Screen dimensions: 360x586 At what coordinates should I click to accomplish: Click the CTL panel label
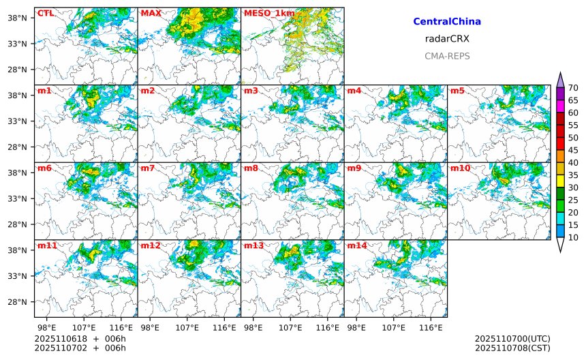coord(46,13)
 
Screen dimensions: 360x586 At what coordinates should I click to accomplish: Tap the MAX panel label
coord(151,13)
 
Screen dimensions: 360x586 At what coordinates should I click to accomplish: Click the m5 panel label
coord(458,91)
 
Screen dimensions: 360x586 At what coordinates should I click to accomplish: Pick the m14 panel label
coord(358,245)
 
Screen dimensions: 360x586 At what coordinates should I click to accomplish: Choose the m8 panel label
coord(251,168)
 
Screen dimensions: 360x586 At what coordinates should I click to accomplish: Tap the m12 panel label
coord(151,245)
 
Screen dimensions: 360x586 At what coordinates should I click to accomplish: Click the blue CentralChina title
coord(447,22)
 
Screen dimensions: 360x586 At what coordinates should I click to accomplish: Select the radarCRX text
coord(447,39)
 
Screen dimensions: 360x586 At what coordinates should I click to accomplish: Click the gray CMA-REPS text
coord(447,56)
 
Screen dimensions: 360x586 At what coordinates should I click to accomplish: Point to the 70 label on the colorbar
coord(573,87)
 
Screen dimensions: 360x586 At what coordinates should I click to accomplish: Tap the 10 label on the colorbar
coord(573,237)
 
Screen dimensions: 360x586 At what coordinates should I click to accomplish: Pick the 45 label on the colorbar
coord(573,150)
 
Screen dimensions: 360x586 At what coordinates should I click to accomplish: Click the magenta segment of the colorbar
coord(560,106)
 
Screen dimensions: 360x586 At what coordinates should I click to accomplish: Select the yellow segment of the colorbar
coord(560,181)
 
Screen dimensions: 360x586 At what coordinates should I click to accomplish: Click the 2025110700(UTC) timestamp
coord(512,339)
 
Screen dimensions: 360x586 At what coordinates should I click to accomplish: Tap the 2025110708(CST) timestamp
coord(512,348)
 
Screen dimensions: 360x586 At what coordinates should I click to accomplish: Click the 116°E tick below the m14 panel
coord(431,328)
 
